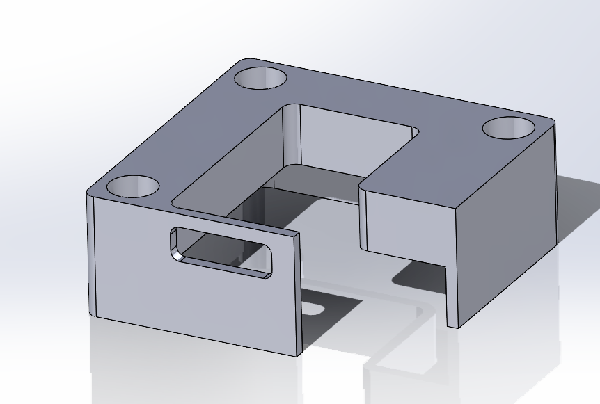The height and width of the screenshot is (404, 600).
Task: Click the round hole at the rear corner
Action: point(261,76)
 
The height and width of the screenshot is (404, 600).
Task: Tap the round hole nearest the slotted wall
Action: point(134,186)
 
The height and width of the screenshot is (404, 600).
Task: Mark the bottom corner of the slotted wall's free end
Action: point(299,353)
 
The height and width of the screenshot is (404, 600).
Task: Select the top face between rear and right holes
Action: point(390,97)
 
